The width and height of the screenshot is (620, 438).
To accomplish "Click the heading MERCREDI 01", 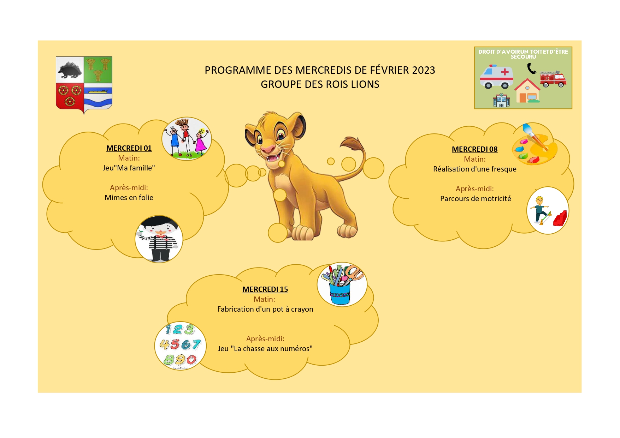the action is point(129,148).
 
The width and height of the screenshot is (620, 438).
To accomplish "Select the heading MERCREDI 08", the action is point(474,149).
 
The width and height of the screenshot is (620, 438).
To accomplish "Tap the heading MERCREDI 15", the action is point(265,289).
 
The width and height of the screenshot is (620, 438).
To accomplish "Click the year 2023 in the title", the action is point(423,70).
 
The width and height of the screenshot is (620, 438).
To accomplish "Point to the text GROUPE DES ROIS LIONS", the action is point(320,84).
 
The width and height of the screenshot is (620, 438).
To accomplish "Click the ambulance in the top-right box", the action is point(496,76).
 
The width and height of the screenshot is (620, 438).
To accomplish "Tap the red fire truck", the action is point(553,79).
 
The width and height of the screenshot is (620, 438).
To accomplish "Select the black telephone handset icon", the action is point(531,68).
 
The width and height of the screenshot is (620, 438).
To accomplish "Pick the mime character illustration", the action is point(159,239).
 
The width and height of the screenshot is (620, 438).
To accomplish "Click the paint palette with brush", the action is point(534,144).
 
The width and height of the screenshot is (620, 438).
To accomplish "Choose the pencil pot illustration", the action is point(342,284).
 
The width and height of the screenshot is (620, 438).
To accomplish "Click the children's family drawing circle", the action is point(187,139).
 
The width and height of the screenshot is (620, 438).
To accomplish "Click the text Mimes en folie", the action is point(129,198).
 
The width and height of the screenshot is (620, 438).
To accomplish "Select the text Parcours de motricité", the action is point(476,199).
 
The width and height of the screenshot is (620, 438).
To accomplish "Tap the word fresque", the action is point(502,169).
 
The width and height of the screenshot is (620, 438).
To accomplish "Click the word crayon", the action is point(302,310).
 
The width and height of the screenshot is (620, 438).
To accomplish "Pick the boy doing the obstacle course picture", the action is point(548,210).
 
